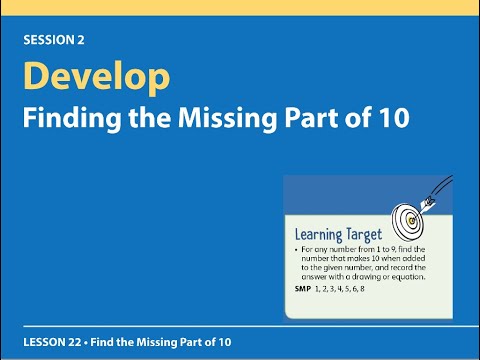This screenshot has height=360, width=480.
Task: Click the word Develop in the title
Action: pyautogui.click(x=96, y=78)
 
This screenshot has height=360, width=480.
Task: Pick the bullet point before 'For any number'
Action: pyautogui.click(x=298, y=247)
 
